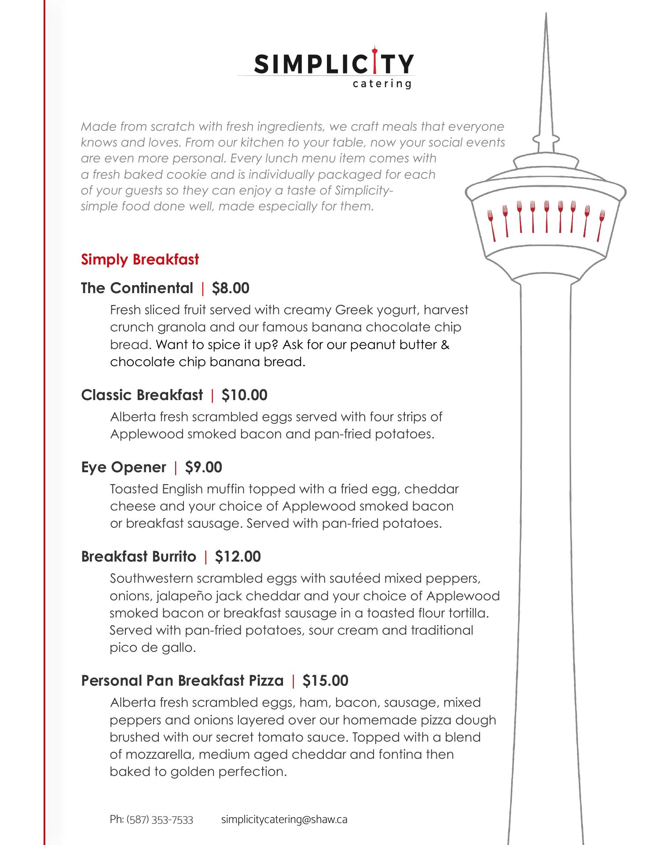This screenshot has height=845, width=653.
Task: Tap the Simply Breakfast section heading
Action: point(140,260)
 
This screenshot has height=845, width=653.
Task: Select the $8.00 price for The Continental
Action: point(231,288)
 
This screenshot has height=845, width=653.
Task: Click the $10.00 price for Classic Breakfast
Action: point(245,395)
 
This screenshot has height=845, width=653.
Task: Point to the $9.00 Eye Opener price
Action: point(204,467)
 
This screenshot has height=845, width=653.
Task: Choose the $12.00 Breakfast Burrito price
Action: point(238,557)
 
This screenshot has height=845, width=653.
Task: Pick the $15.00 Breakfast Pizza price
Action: point(326,681)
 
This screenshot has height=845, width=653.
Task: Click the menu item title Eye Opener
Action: point(124,467)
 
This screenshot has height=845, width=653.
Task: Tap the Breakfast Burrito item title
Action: point(139,557)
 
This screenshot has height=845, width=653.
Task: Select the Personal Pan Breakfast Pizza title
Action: point(182,681)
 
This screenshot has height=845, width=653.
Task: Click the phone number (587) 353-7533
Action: point(160,820)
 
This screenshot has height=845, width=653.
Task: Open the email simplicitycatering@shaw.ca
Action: point(284,820)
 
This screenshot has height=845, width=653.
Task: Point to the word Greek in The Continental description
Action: point(353,310)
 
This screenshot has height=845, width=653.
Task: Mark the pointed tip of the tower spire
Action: point(546,14)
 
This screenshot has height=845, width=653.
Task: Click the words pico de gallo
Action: point(153,648)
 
